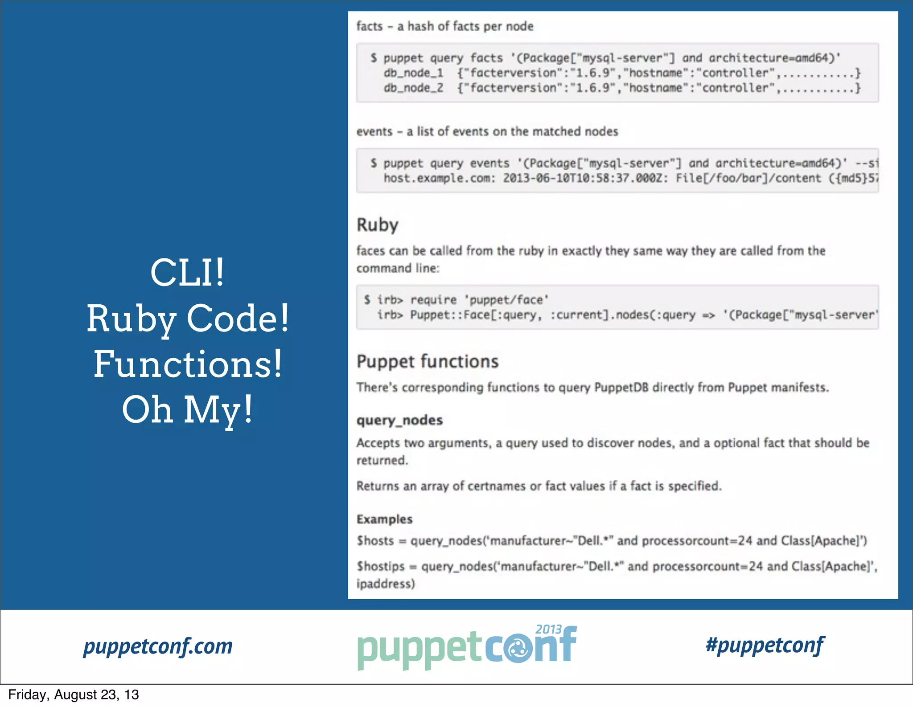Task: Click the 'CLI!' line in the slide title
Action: (187, 273)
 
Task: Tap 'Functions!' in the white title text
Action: (187, 364)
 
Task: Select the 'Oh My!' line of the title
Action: (187, 410)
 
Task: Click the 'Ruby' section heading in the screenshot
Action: (377, 225)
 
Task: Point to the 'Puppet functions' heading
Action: (427, 361)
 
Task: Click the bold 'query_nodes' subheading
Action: (399, 420)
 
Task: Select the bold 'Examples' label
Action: (384, 519)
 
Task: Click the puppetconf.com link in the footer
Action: (158, 646)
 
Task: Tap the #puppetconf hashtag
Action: (765, 645)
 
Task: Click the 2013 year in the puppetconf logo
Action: (548, 629)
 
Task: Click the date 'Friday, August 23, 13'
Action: (74, 695)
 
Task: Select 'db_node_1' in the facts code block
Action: (413, 73)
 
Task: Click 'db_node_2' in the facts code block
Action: (413, 88)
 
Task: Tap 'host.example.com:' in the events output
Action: (439, 178)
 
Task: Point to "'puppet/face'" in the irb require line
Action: (508, 300)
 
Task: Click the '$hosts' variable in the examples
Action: (375, 541)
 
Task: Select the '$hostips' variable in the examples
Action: (380, 566)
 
